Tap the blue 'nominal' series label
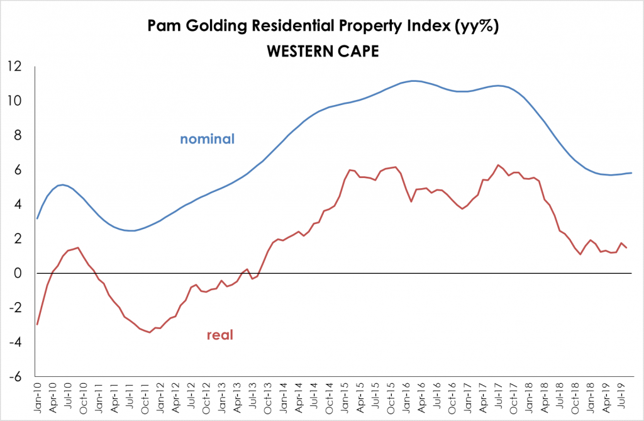207,139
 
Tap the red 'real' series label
219,335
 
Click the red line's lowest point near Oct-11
150,332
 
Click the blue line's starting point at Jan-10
38,218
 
